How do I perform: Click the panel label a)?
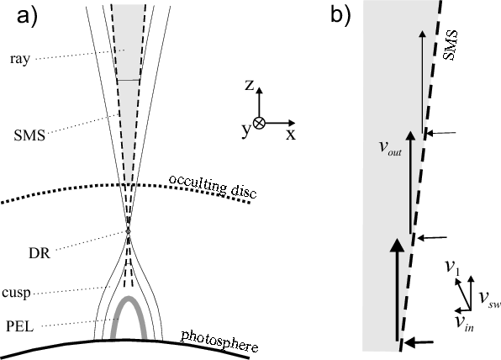tap(27, 16)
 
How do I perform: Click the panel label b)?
tap(340, 14)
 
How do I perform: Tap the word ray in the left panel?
tap(20, 59)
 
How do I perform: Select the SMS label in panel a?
tap(29, 135)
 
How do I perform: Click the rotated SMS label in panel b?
tap(451, 45)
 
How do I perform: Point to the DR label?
tap(40, 253)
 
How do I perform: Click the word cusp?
tap(16, 293)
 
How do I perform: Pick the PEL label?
tap(20, 326)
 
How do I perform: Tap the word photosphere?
tap(220, 342)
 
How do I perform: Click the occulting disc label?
tap(213, 186)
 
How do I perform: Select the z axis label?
tap(249, 85)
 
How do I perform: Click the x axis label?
tap(291, 135)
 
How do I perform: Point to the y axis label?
tap(246, 130)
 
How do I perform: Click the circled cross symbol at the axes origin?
tap(259, 123)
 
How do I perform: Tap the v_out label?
tap(390, 148)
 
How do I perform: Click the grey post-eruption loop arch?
tap(129, 298)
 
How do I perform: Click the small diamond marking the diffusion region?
tap(128, 231)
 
